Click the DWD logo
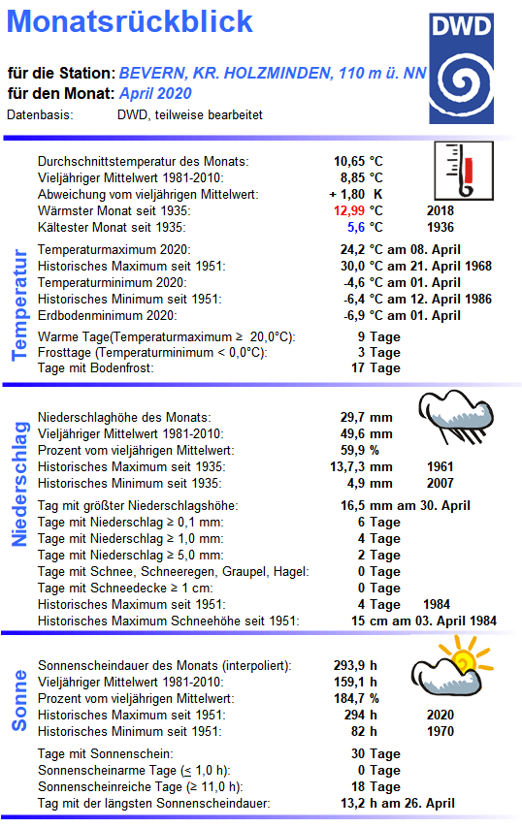tap(469, 67)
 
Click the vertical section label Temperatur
tap(18, 304)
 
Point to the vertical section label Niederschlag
tap(18, 483)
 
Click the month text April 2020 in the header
tap(155, 94)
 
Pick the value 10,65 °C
tap(358, 161)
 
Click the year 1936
tap(440, 227)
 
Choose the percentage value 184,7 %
tap(359, 698)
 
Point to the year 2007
tap(440, 483)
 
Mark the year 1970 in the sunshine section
tap(440, 731)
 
